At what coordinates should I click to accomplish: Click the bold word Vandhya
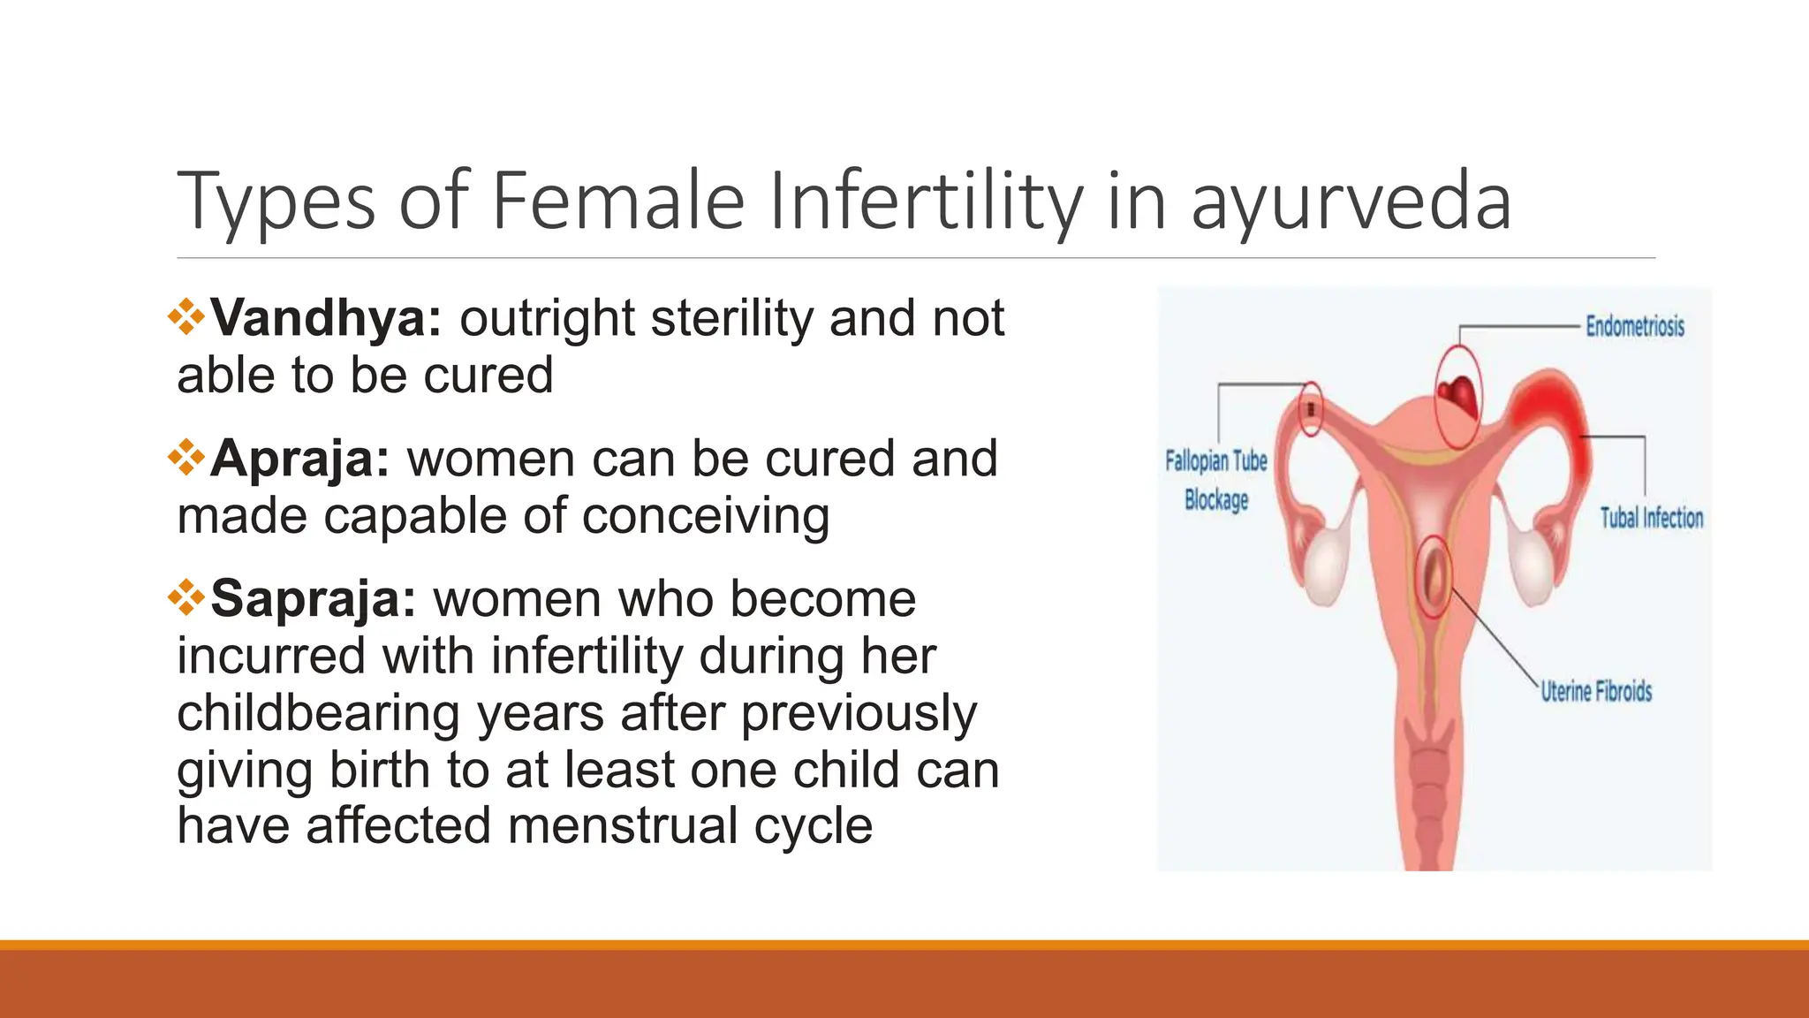(x=325, y=318)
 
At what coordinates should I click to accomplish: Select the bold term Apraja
(x=299, y=459)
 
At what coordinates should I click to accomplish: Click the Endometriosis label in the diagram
(x=1635, y=326)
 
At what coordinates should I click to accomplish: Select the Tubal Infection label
(x=1652, y=518)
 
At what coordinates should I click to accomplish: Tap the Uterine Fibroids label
(x=1596, y=691)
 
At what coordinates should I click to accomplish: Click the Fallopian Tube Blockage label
(x=1216, y=480)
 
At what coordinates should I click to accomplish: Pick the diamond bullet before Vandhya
(x=186, y=317)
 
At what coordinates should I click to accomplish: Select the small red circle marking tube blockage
(x=1312, y=409)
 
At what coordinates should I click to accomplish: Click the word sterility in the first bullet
(x=731, y=318)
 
